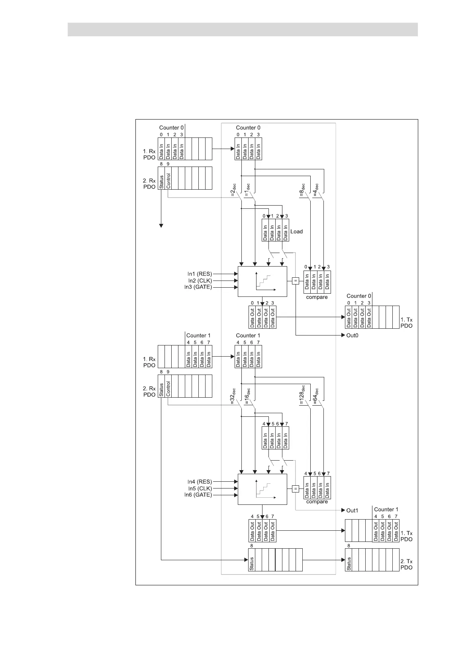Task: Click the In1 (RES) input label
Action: coord(200,274)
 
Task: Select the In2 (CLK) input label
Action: coord(200,281)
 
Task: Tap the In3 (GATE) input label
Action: coord(198,287)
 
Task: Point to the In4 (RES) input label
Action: coord(200,482)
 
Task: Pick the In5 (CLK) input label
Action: coord(200,489)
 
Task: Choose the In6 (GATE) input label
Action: coord(198,495)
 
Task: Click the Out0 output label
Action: coord(353,335)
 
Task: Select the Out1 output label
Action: coord(353,510)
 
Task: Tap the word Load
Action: coord(296,232)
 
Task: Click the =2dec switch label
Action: coord(234,190)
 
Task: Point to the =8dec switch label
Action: coord(302,190)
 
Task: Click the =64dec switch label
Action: coord(315,396)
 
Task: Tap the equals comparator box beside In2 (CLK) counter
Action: coord(295,281)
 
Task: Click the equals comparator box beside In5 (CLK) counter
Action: coord(295,489)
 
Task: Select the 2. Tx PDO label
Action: coord(406,564)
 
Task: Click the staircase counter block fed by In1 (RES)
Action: coord(262,281)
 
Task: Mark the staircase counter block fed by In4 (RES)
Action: coord(262,489)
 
